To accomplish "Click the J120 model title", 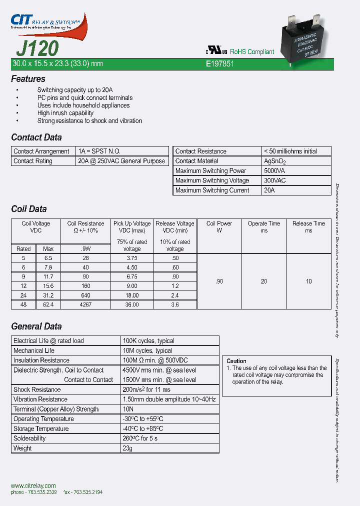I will pos(37,48).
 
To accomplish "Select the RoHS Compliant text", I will pos(252,52).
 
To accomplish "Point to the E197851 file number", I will pos(220,64).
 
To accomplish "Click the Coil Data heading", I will pos(29,209).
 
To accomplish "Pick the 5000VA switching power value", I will pos(274,171).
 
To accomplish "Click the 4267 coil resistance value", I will pos(85,304).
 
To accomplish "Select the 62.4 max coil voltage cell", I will pos(48,304).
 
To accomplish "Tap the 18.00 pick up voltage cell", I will pos(132,295).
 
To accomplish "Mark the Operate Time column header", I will pos(264,227).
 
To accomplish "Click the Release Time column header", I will pos(308,227).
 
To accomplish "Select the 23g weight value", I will pos(128,448).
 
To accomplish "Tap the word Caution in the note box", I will pos(236,361).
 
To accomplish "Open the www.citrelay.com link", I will pos(33,485).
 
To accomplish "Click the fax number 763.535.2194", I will pos(83,492).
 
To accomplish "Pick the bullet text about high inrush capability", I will pos(65,113).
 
